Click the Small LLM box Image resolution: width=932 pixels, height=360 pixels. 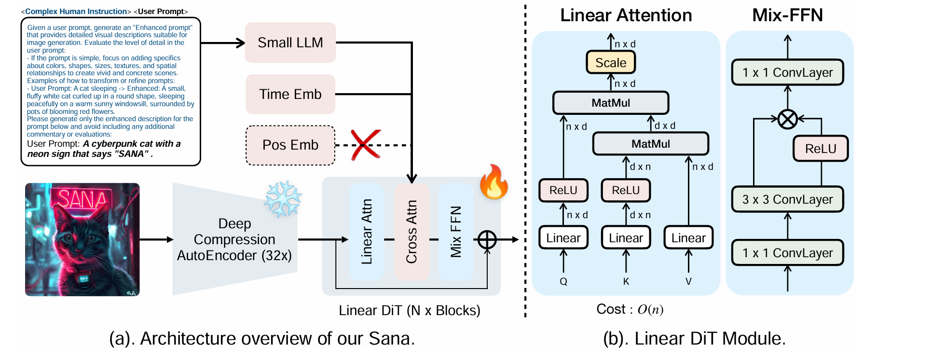click(290, 42)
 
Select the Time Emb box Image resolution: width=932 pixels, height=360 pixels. click(290, 94)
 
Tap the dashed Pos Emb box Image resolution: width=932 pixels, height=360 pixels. click(290, 145)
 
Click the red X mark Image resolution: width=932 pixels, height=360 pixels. click(365, 144)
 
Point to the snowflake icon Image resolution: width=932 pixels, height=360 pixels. click(283, 198)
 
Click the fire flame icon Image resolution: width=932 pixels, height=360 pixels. click(493, 182)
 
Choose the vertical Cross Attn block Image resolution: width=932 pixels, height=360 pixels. click(411, 232)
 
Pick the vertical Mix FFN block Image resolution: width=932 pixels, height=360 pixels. click(456, 232)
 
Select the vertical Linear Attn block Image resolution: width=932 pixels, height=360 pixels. click(367, 232)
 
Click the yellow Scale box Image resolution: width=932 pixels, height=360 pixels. click(611, 63)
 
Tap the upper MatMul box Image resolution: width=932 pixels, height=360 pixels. click(611, 103)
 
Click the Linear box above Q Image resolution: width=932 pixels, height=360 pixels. click(563, 238)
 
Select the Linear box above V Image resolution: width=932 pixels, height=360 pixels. click(688, 238)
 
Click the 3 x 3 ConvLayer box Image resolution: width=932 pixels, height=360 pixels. click(787, 199)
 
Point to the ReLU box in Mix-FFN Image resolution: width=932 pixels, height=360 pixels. click(820, 149)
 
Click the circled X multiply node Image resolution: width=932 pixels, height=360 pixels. click(787, 119)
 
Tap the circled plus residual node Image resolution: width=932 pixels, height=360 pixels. click(487, 239)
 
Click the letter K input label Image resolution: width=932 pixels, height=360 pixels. click(626, 281)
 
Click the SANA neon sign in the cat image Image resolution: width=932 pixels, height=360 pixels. click(82, 199)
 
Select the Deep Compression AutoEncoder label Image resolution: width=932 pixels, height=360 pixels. click(234, 239)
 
